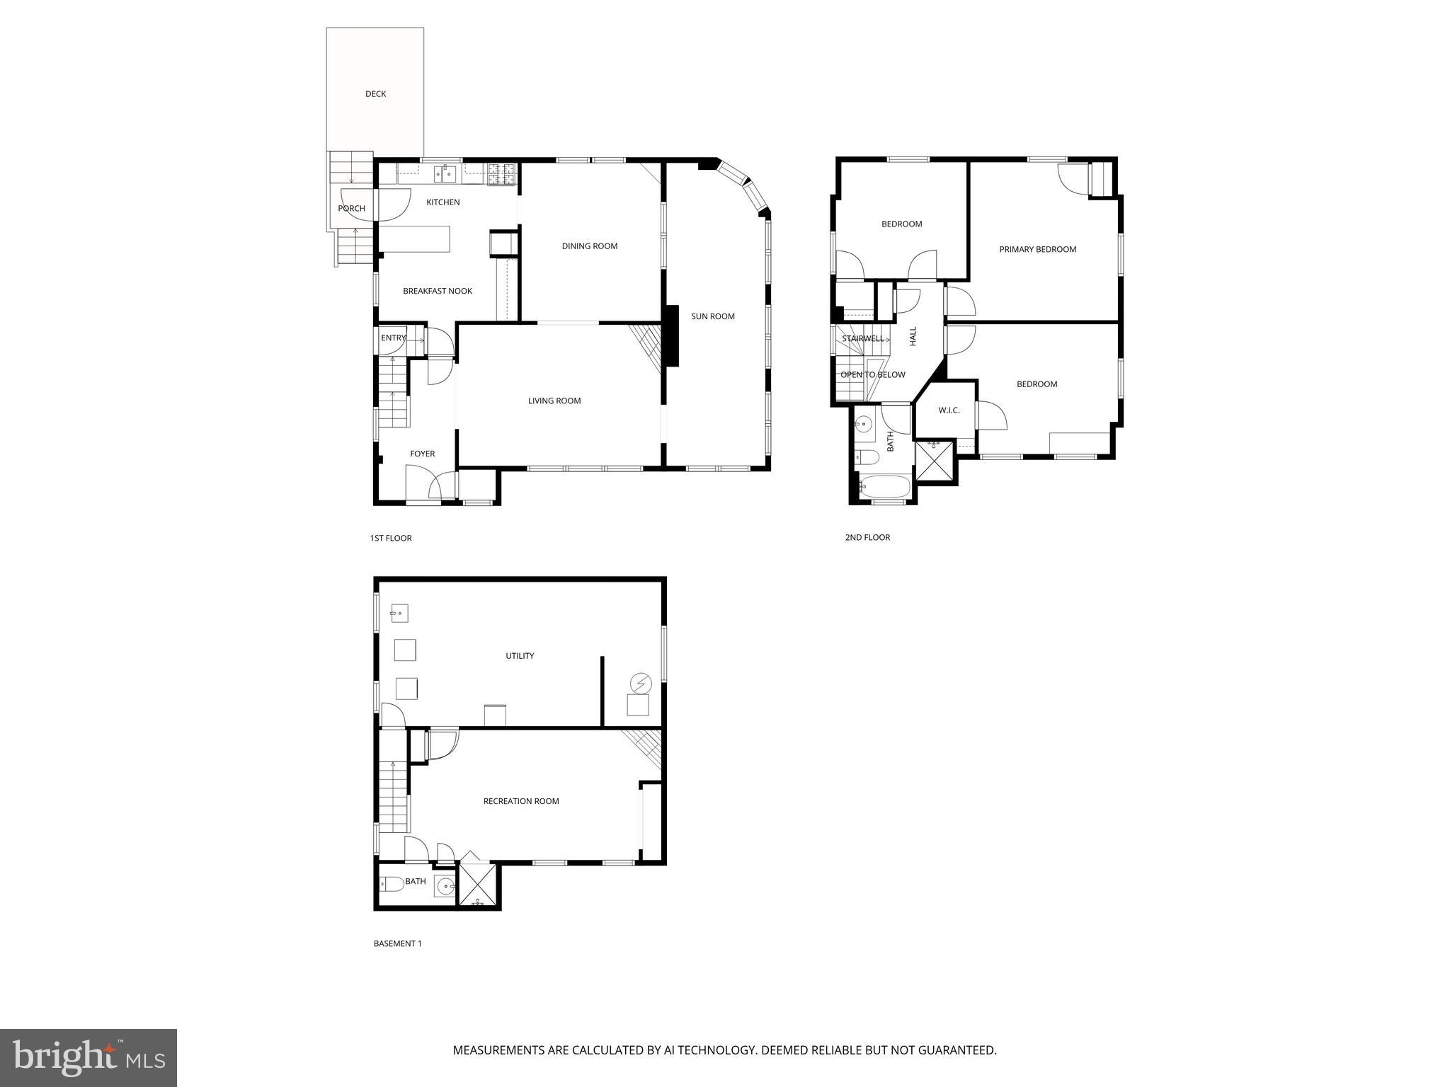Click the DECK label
coord(375,94)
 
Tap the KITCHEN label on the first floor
coord(443,202)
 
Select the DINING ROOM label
coord(589,246)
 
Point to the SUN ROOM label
coord(712,316)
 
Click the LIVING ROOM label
coord(554,401)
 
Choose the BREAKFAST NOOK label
coord(437,291)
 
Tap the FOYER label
coord(422,454)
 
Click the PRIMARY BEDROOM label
coord(1037,249)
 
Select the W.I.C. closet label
coord(949,410)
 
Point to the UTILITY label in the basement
coord(519,656)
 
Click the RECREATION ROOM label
coord(520,801)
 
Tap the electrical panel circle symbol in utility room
coord(639,684)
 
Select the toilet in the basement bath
coord(392,883)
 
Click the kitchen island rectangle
coord(415,238)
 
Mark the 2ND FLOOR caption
coord(867,538)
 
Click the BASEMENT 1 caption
coord(397,943)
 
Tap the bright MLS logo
coord(88,1057)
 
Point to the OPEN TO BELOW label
coord(872,375)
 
